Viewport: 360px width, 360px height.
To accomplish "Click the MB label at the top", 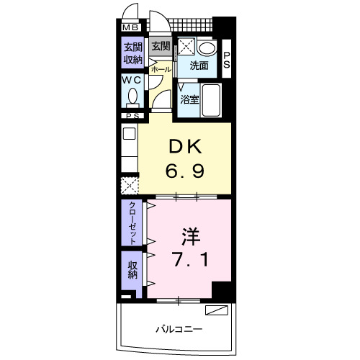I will click(x=130, y=28).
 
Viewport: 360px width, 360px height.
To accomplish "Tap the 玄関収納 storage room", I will click(x=131, y=53).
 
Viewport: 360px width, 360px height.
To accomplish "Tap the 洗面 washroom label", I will click(x=199, y=66).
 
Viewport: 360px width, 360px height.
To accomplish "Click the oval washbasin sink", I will click(x=207, y=48).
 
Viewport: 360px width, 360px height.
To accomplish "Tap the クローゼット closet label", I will click(x=132, y=223).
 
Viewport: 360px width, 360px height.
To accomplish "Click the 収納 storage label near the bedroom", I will click(x=132, y=271).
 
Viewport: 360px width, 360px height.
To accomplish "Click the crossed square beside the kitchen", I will click(x=130, y=186).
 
